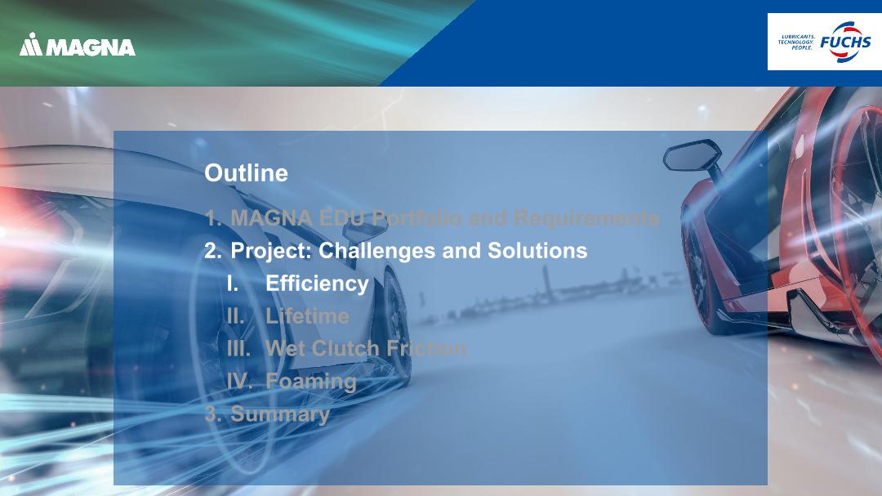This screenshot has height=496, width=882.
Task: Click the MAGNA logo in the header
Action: click(77, 44)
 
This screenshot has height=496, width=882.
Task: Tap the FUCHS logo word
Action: click(845, 42)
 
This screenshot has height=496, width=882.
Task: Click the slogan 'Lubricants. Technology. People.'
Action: click(796, 42)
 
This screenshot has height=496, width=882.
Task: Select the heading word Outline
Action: click(246, 173)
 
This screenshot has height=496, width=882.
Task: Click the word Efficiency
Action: click(317, 284)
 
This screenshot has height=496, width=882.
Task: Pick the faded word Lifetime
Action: click(307, 316)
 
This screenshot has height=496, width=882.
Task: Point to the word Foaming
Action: click(311, 382)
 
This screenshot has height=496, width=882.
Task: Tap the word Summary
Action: click(280, 414)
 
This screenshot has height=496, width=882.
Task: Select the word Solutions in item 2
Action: click(537, 251)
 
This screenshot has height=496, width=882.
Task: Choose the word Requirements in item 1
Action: click(586, 218)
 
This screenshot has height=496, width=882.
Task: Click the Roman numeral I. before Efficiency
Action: click(233, 284)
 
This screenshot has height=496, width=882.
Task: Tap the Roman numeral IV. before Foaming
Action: click(238, 382)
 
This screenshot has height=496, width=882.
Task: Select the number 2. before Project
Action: click(212, 251)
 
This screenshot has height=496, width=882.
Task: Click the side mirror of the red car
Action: click(693, 155)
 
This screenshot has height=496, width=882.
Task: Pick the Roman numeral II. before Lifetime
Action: click(236, 316)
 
